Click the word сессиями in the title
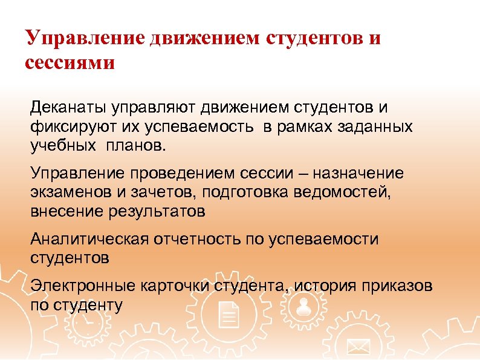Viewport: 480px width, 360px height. click(x=70, y=62)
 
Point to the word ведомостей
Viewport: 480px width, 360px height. click(x=355, y=193)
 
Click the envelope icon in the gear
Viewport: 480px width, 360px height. click(x=358, y=347)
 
